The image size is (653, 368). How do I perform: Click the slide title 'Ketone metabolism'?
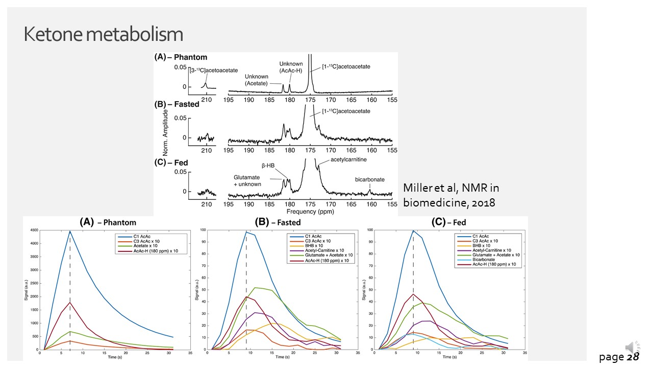click(104, 34)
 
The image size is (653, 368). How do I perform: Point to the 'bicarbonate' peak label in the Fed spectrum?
click(370, 180)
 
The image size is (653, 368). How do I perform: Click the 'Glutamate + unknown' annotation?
click(247, 180)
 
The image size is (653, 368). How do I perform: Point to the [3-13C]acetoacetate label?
click(214, 70)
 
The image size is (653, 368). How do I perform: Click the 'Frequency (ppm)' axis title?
click(311, 211)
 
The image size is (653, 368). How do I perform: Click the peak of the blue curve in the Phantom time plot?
click(70, 232)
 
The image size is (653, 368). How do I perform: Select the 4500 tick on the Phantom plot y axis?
click(33, 231)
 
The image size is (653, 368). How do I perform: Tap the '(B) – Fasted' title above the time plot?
click(279, 222)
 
